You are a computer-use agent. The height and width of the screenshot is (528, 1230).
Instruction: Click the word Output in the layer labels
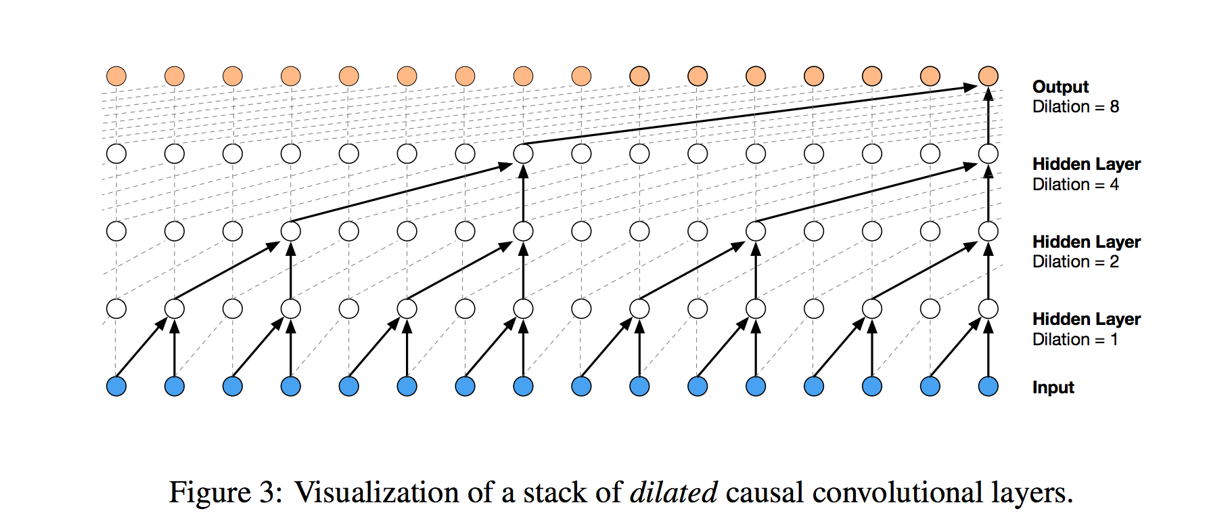[1060, 87]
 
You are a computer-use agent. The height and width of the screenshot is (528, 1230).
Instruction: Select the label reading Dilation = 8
[1075, 107]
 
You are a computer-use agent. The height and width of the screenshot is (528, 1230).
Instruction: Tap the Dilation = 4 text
[1075, 185]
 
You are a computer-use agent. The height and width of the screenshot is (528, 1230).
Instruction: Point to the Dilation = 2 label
[1075, 262]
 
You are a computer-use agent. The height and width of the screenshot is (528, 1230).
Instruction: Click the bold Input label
[1053, 387]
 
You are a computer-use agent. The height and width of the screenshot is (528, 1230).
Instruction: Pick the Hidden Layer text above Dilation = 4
[1086, 164]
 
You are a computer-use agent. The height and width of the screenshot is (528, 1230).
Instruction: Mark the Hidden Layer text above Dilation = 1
[1086, 319]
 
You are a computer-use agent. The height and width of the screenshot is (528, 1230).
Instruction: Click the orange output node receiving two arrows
[988, 76]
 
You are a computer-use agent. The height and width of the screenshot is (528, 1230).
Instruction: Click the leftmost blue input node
[116, 387]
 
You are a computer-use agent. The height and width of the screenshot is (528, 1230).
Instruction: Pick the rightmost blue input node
[988, 387]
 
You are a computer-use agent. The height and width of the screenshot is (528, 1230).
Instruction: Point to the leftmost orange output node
[116, 76]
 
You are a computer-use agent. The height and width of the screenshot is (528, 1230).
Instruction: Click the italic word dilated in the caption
[673, 492]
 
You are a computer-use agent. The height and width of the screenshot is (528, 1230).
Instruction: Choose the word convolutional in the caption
[897, 492]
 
